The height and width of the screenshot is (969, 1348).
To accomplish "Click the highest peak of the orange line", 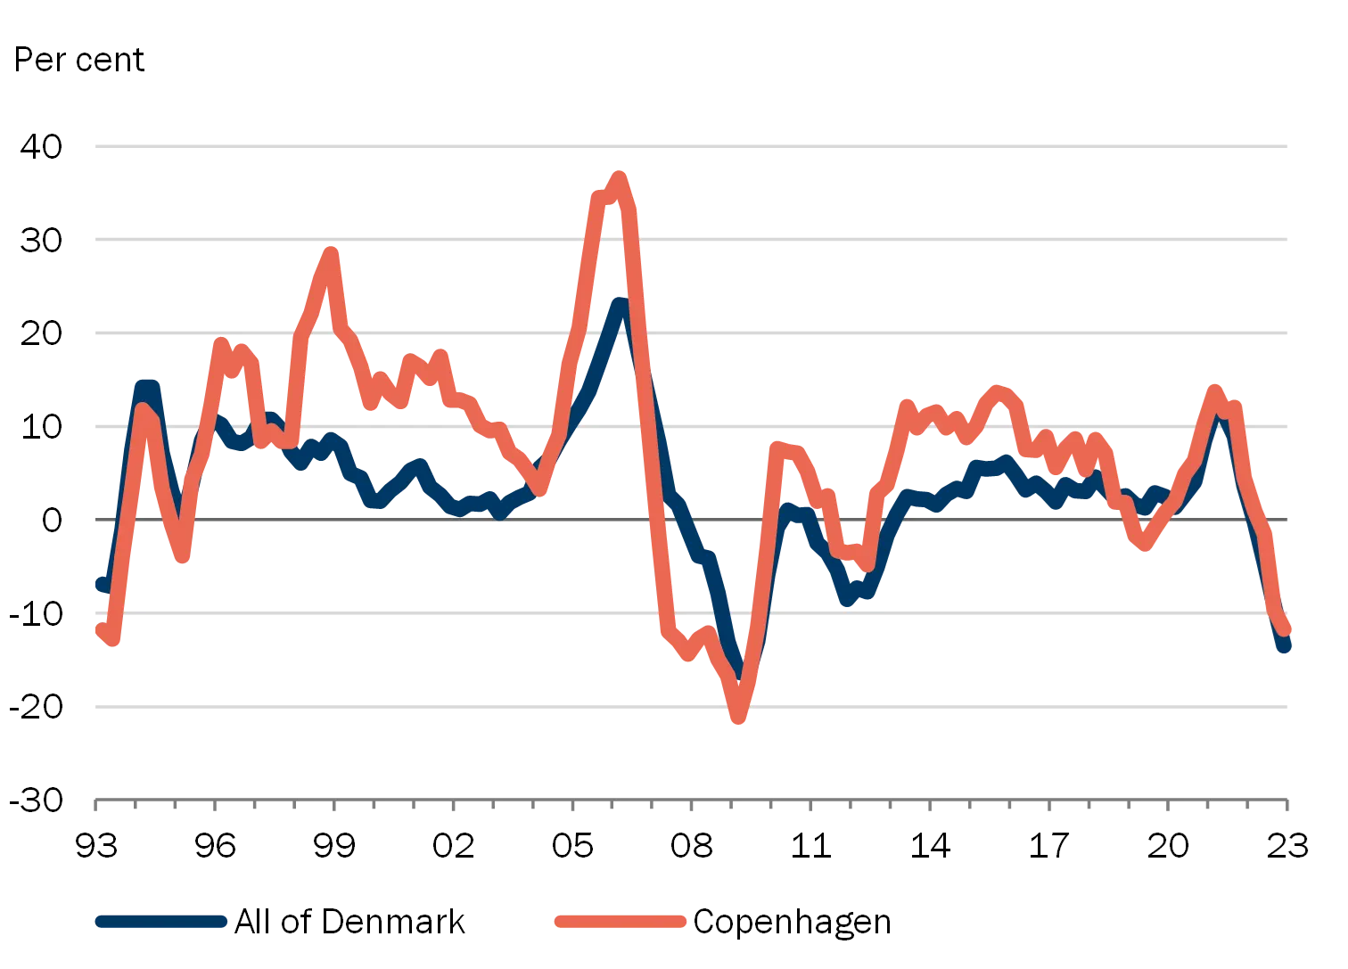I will tap(619, 175).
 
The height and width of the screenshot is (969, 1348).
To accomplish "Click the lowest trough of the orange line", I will tap(738, 718).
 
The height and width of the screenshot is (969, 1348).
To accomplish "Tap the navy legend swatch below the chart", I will tap(160, 924).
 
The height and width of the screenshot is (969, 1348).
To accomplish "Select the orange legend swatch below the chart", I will tap(621, 924).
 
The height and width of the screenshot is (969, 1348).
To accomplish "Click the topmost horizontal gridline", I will tap(692, 145).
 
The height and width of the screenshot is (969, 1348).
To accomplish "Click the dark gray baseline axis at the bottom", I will tap(692, 795).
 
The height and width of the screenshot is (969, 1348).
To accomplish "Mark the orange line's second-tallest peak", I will tap(331, 253).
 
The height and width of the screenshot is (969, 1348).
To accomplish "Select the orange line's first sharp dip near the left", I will tap(183, 557).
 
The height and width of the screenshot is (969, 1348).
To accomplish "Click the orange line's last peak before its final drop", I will tap(1213, 390).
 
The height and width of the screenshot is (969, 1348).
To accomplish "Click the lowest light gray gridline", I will tap(692, 706).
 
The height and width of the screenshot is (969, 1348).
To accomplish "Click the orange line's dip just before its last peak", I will tap(1145, 546).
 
